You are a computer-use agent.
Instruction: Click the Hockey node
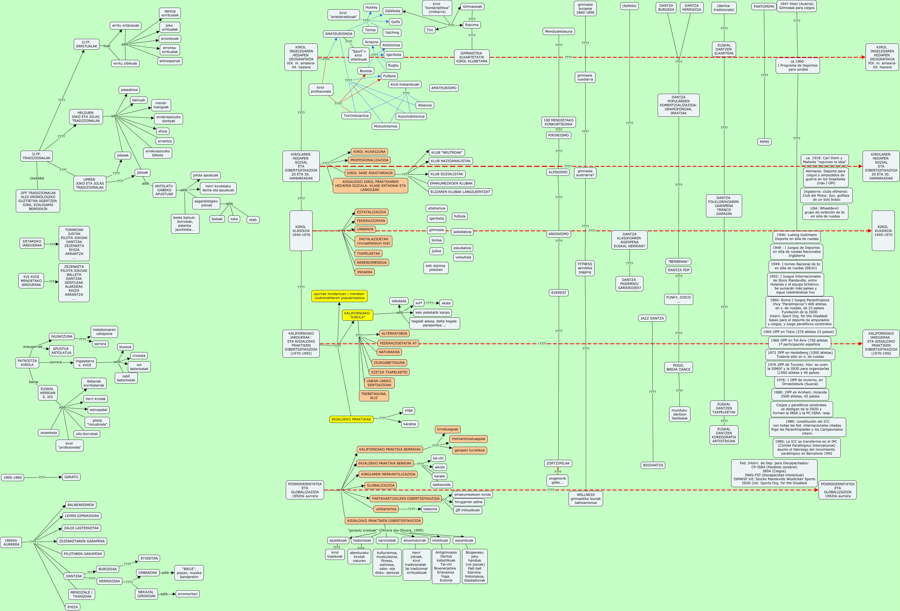[371, 7]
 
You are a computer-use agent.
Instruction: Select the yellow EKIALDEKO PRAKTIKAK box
[351, 419]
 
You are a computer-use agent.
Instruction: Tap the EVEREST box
[558, 293]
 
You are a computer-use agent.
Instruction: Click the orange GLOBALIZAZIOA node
[380, 486]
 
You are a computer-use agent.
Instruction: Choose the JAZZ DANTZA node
[652, 318]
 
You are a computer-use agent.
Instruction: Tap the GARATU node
[71, 477]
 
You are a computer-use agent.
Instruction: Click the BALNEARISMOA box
[81, 505]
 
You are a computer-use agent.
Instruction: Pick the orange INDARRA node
[364, 272]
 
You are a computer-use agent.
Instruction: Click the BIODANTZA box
[653, 465]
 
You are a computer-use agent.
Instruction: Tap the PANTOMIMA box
[764, 7]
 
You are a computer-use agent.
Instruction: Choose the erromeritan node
[187, 594]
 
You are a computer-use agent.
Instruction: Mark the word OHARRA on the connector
[37, 179]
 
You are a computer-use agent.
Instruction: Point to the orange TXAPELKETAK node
[368, 253]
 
